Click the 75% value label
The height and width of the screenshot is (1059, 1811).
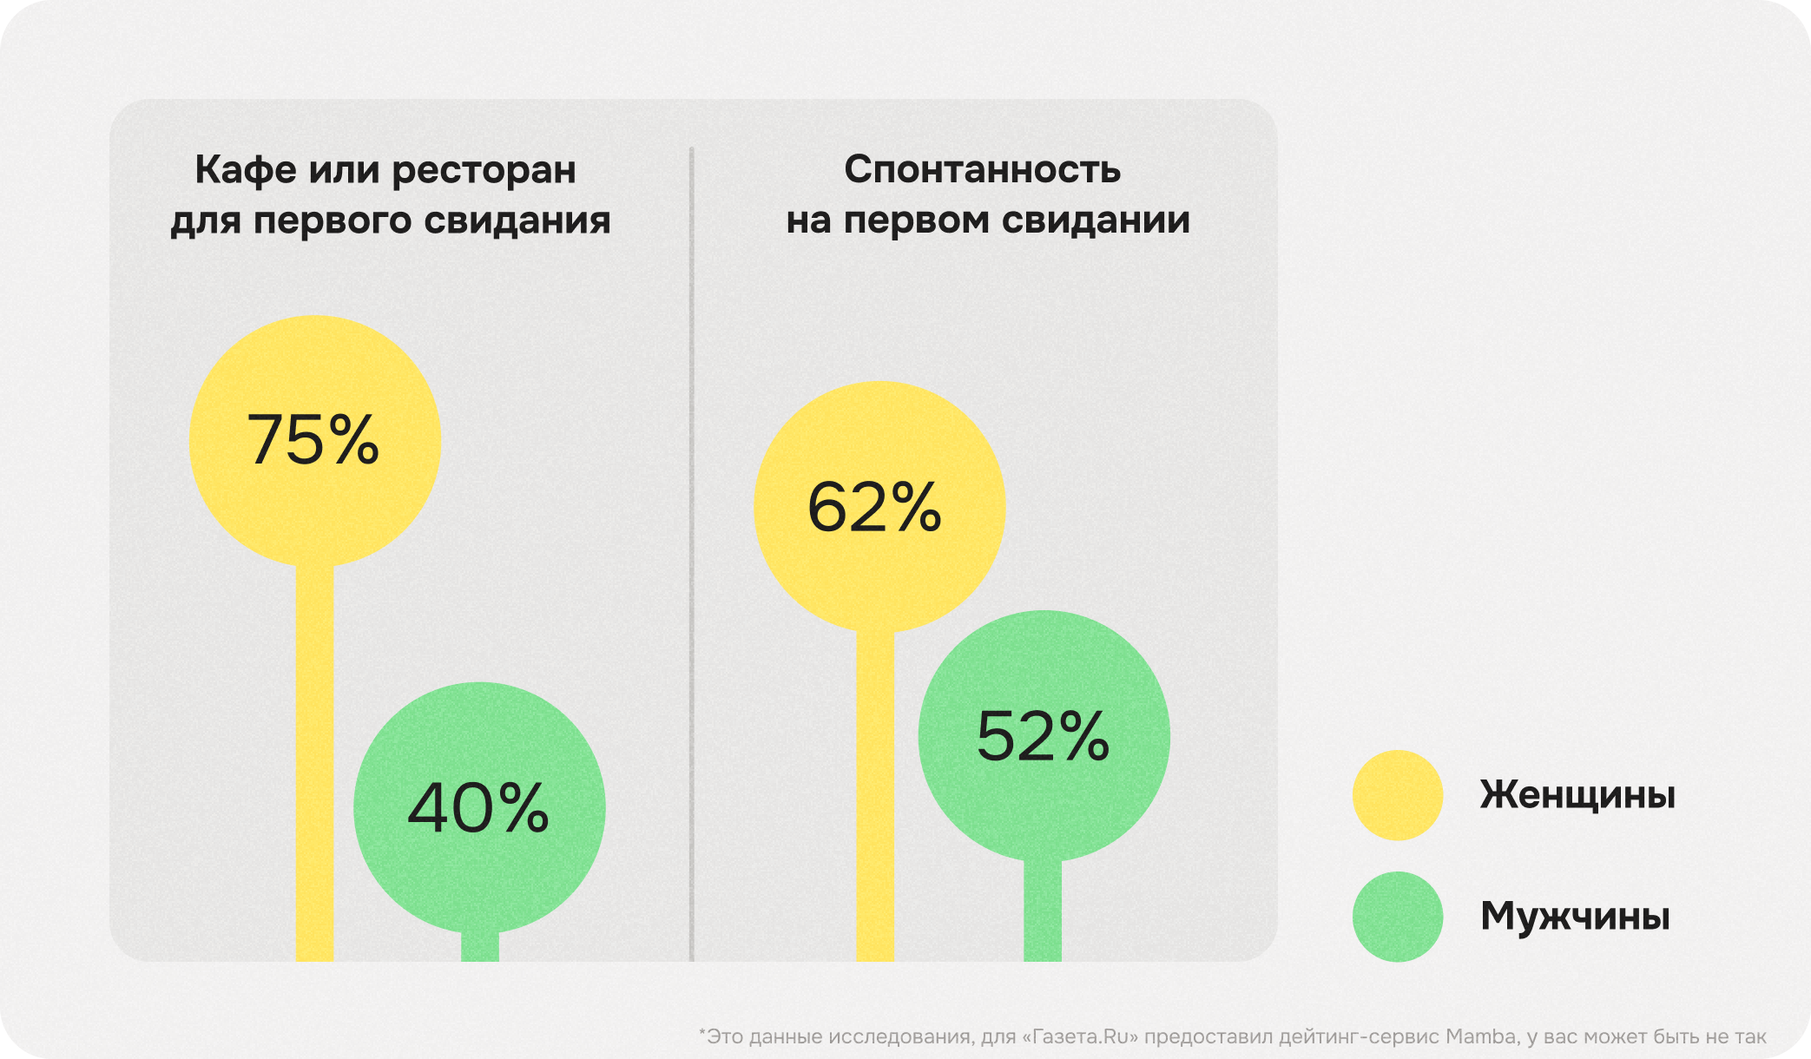pos(313,440)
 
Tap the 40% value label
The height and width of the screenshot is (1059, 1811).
pos(478,808)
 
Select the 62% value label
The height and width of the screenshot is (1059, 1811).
pos(874,507)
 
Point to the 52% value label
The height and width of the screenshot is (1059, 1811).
pos(1043,736)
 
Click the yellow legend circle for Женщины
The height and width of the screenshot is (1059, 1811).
pos(1397,795)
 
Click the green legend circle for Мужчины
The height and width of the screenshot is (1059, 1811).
pos(1397,917)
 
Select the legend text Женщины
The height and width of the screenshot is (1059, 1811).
pos(1577,795)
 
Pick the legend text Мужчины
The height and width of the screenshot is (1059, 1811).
pos(1575,917)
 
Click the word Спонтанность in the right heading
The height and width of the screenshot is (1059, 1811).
pos(982,170)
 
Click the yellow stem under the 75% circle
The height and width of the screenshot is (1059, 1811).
pos(314,764)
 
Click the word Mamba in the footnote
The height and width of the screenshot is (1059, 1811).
pos(1481,1036)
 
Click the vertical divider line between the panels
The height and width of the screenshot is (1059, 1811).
pos(692,556)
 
